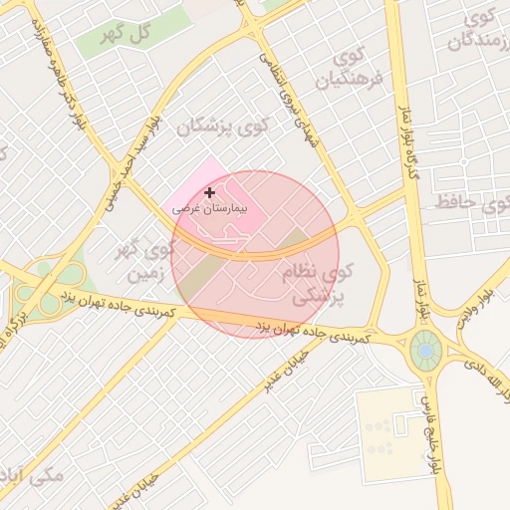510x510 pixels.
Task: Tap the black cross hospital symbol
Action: [x=209, y=191]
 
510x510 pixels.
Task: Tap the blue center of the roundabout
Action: [x=426, y=350]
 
